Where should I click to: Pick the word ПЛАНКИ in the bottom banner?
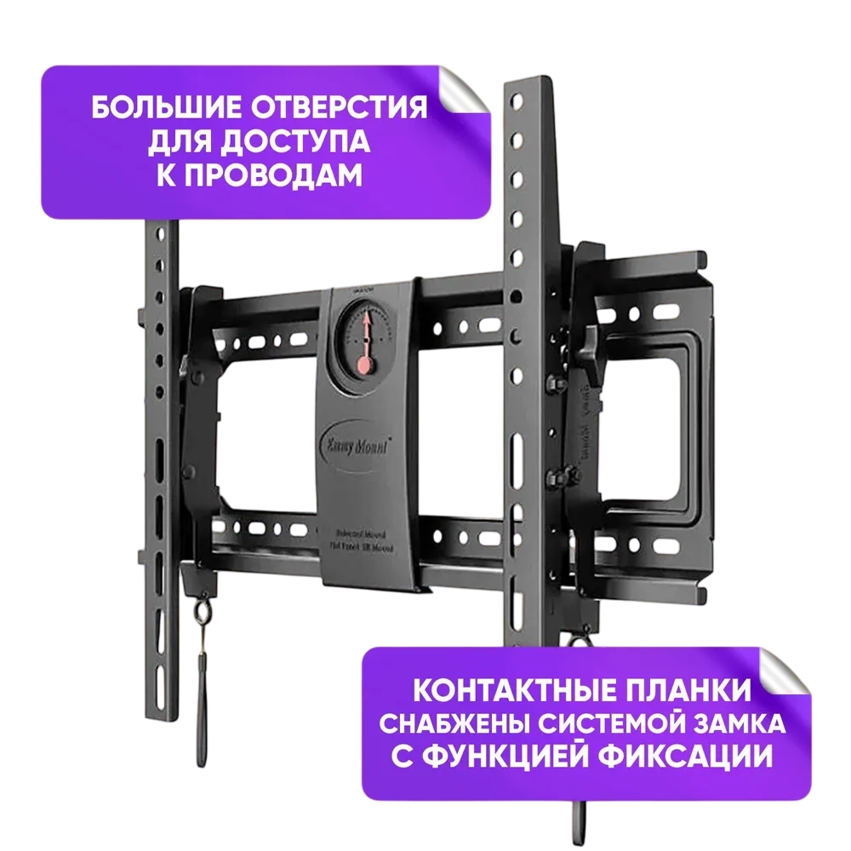[691, 689]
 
